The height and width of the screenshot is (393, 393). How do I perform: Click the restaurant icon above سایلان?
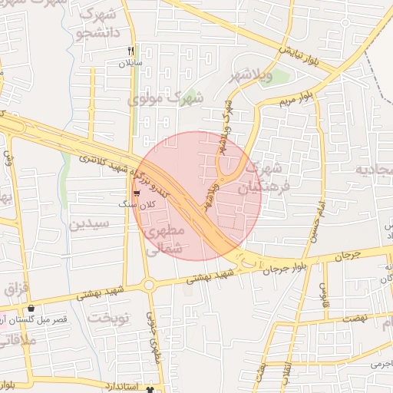(x=130, y=51)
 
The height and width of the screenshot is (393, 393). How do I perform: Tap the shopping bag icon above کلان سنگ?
(x=137, y=193)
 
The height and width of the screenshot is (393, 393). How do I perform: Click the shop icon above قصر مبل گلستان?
(x=30, y=308)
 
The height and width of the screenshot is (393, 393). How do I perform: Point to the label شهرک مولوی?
(x=177, y=97)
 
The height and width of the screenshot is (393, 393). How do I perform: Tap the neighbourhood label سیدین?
(x=90, y=225)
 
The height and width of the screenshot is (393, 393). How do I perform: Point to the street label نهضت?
(x=356, y=317)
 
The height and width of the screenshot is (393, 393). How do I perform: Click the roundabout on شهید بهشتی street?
(x=149, y=285)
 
